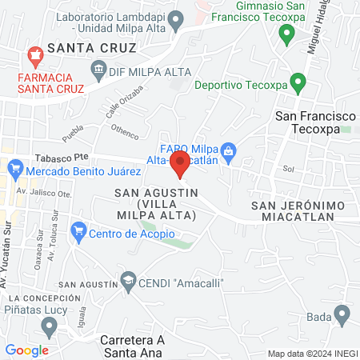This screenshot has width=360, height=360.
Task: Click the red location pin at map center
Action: click(x=180, y=165)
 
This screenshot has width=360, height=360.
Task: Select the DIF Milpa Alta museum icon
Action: click(x=98, y=70)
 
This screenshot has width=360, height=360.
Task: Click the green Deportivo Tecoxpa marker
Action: click(x=298, y=82)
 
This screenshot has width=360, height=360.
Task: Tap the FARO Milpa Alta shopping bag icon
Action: click(x=228, y=150)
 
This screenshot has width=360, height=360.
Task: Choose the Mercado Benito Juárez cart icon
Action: click(x=14, y=170)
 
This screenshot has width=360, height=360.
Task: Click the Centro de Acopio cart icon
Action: click(x=78, y=233)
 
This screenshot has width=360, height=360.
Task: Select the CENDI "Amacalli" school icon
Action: click(x=127, y=282)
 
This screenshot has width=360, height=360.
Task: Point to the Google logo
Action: click(x=26, y=350)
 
